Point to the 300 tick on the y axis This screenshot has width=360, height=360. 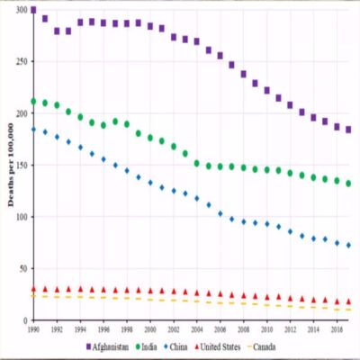tap(22, 11)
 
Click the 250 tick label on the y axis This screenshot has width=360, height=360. tap(22, 63)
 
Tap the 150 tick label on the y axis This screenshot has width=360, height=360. tap(22, 166)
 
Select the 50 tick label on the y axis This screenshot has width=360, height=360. tap(24, 269)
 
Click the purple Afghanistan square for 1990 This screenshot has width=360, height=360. tap(33, 11)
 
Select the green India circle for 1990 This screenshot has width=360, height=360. tap(33, 102)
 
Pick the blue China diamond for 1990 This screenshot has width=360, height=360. tap(33, 130)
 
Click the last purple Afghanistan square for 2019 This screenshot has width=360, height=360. tap(348, 130)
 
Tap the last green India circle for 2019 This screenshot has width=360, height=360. tap(348, 184)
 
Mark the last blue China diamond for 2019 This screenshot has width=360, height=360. tap(348, 245)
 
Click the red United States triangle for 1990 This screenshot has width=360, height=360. tap(33, 290)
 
